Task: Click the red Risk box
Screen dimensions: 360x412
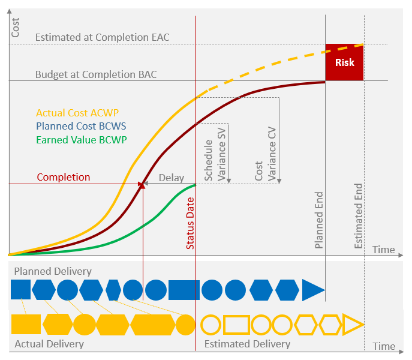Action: (344, 62)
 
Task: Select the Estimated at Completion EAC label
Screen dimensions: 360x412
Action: (102, 37)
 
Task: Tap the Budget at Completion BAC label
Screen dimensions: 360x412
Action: (96, 75)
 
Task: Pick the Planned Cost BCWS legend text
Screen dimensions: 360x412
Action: (81, 126)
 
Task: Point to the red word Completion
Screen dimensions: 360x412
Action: (64, 177)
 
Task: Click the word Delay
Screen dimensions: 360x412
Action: (171, 178)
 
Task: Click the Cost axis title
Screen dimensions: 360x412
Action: (16, 28)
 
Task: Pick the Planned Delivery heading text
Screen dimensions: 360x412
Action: (53, 271)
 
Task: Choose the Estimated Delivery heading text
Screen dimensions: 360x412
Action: (247, 344)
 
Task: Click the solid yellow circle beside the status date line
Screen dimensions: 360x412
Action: (186, 325)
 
